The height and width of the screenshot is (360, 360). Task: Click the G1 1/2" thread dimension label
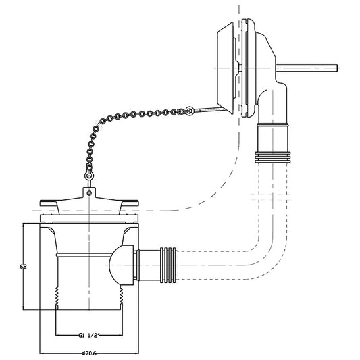[88, 336]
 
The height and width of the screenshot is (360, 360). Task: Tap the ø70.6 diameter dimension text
[89, 353]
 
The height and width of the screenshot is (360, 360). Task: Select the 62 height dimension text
[23, 267]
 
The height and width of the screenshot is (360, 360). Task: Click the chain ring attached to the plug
[89, 176]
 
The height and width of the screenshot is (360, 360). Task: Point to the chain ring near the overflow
[189, 111]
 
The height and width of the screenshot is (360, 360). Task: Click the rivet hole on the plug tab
[90, 193]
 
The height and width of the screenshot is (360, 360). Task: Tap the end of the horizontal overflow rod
[337, 68]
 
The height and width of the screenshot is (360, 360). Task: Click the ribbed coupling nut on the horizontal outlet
[168, 265]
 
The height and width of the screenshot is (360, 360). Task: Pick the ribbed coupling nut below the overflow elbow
[272, 157]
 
